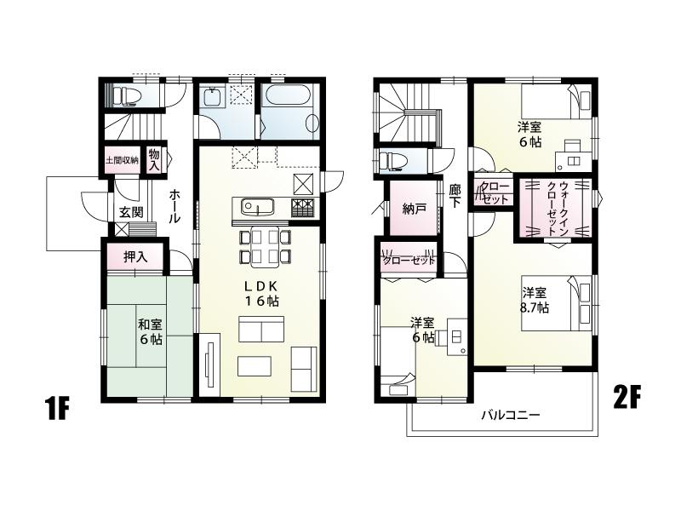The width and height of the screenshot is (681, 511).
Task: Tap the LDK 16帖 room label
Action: [261, 292]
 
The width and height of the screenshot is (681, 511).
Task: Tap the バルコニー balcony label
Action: [511, 416]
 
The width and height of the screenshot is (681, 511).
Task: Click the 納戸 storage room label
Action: [415, 210]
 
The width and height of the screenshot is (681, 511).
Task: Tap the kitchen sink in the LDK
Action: [255, 207]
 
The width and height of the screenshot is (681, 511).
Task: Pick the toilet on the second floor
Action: [392, 160]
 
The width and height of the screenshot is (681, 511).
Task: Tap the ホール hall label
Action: [174, 206]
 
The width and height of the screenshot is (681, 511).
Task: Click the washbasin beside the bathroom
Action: [213, 98]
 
